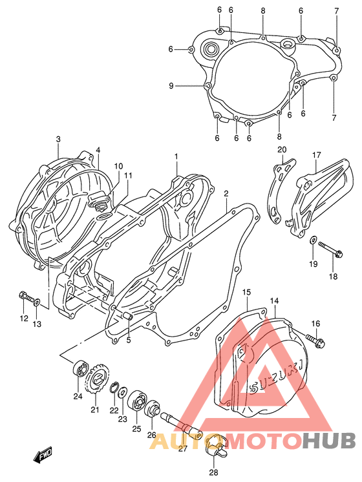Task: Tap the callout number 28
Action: [214, 472]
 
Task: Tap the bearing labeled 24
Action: [78, 370]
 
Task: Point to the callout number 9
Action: [171, 86]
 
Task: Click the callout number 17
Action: [317, 155]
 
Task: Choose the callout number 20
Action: [281, 151]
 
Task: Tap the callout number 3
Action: [58, 140]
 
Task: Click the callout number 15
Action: [246, 293]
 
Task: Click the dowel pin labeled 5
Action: [127, 317]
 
